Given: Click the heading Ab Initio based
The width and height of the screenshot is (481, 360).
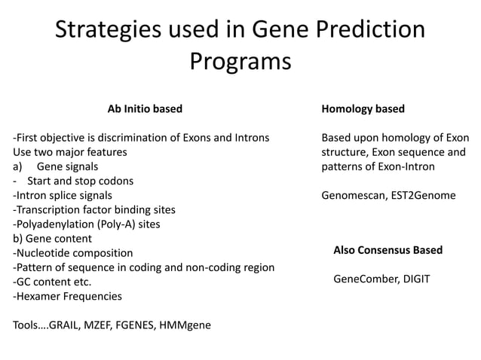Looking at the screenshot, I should pyautogui.click(x=145, y=109).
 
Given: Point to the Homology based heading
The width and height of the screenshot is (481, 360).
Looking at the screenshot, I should pyautogui.click(x=363, y=109).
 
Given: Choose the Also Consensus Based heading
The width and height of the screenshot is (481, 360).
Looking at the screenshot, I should pyautogui.click(x=388, y=250).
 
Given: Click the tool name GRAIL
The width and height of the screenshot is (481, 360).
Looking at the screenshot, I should pyautogui.click(x=66, y=325).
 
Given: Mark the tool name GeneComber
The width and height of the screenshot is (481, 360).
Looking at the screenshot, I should pyautogui.click(x=364, y=279).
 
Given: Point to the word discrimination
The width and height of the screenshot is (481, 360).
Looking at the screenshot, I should pyautogui.click(x=135, y=138).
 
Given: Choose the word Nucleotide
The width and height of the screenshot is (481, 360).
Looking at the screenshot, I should pyautogui.click(x=41, y=253).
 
